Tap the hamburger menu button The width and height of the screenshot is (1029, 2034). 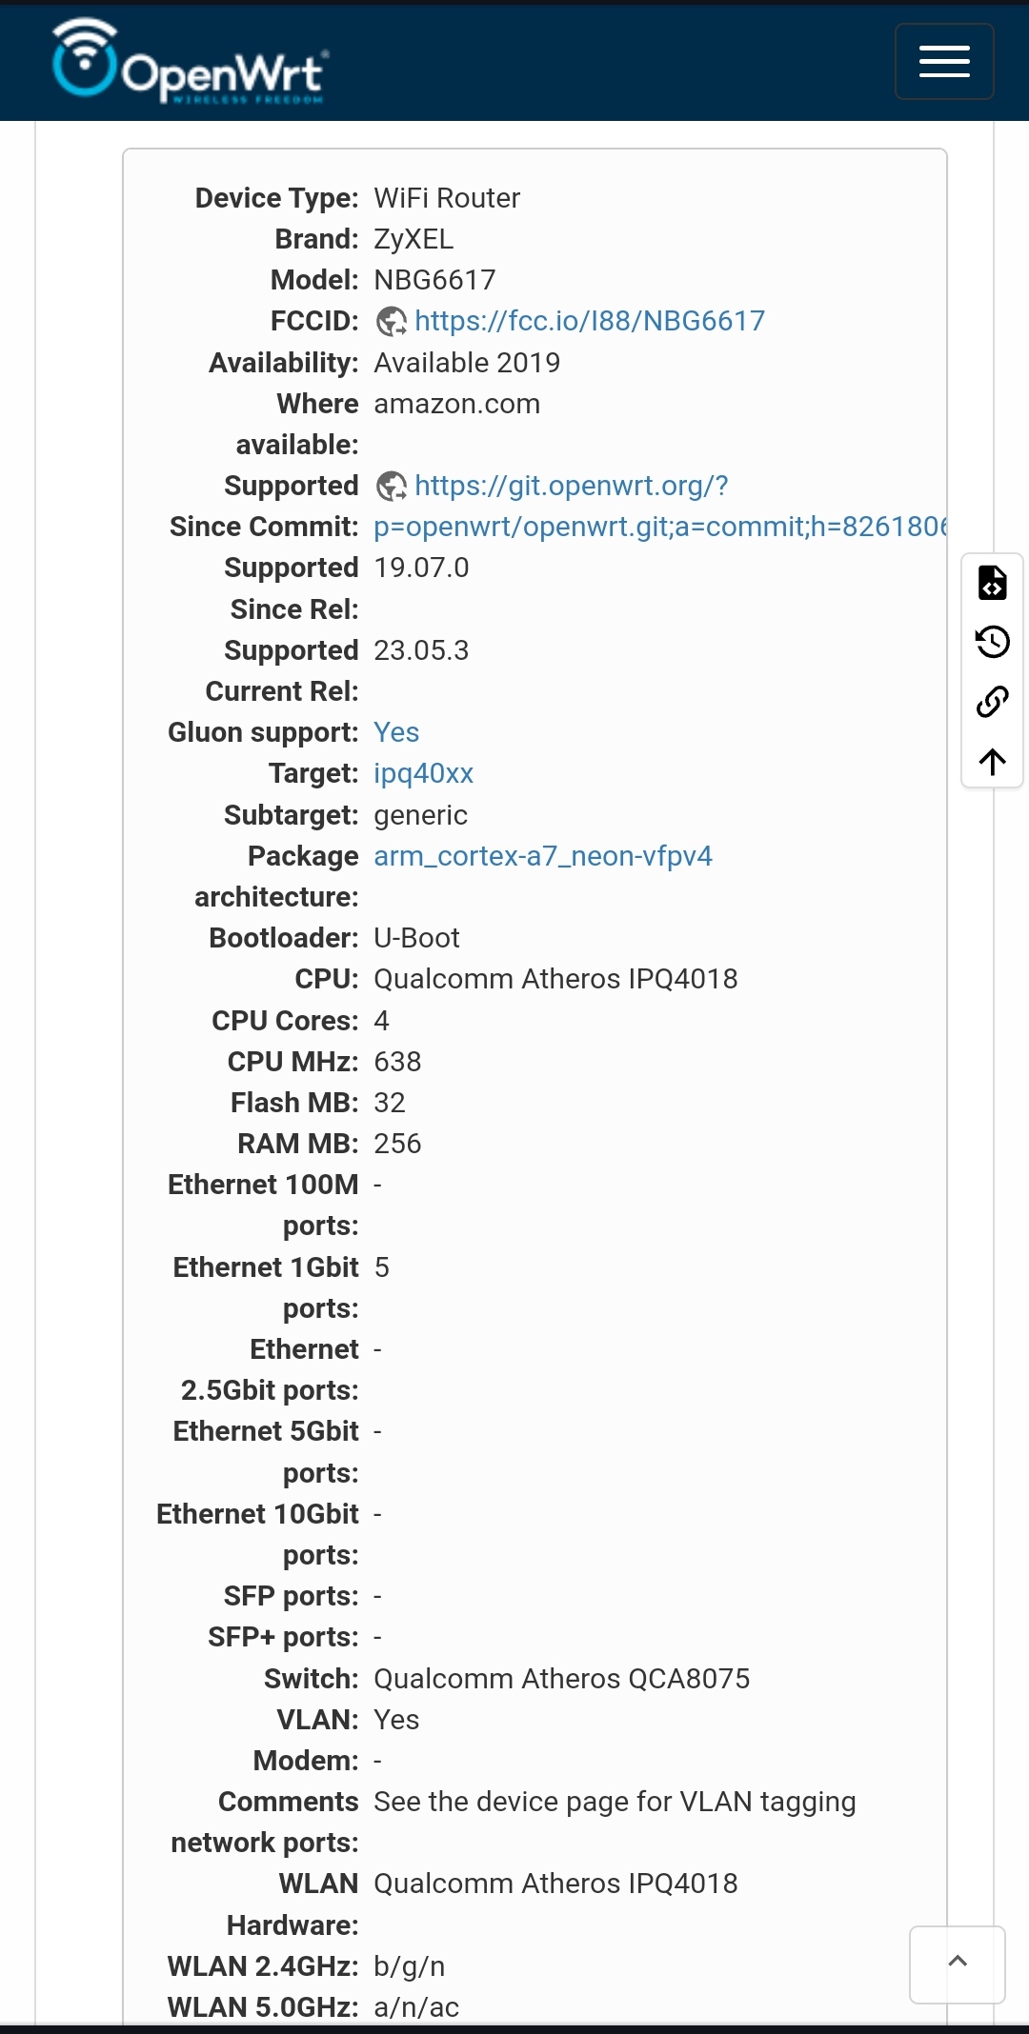coord(944,62)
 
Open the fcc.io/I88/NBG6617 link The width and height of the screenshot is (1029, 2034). coord(590,321)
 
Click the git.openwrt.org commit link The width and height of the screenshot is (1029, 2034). coord(661,506)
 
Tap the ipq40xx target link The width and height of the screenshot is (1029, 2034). coord(423,773)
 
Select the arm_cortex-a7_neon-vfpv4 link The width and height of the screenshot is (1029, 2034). coord(543,856)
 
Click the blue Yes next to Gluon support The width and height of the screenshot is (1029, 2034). coord(396,732)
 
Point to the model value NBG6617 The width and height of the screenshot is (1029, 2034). coord(434,280)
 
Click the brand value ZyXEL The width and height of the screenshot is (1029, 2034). coord(414,239)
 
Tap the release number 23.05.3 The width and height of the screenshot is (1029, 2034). coord(421,650)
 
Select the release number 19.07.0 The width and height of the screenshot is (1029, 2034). coord(421,568)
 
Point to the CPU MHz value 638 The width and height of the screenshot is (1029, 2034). coord(397,1062)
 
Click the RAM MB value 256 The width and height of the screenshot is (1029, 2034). coord(397,1144)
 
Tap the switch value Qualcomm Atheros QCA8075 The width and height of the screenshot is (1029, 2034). coord(562,1679)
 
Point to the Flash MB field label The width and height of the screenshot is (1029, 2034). coord(294,1103)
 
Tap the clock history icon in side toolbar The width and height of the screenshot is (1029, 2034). coord(993,642)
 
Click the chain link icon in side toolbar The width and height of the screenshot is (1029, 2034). coord(993,702)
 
